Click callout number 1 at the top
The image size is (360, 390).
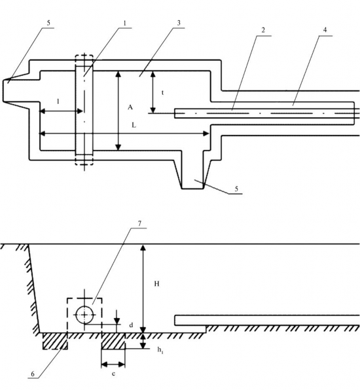click(124, 23)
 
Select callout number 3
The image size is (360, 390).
click(179, 23)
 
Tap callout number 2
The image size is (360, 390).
click(263, 30)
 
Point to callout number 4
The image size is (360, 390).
click(325, 30)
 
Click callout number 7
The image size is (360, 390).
click(139, 223)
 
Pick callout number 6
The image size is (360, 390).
click(33, 374)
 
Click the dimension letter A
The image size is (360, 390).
click(130, 107)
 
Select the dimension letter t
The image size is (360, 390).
click(163, 93)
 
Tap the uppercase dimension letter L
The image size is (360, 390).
click(134, 126)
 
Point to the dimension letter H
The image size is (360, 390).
click(156, 284)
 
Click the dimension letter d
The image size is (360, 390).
click(131, 325)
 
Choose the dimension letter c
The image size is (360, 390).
click(113, 374)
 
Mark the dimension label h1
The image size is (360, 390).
click(160, 350)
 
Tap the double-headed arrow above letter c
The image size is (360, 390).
click(113, 364)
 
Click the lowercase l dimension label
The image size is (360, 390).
click(58, 101)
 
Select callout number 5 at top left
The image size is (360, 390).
click(48, 23)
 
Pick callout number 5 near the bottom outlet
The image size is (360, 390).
click(236, 188)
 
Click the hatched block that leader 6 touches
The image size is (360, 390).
click(55, 342)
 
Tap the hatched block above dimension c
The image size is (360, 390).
click(113, 342)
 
